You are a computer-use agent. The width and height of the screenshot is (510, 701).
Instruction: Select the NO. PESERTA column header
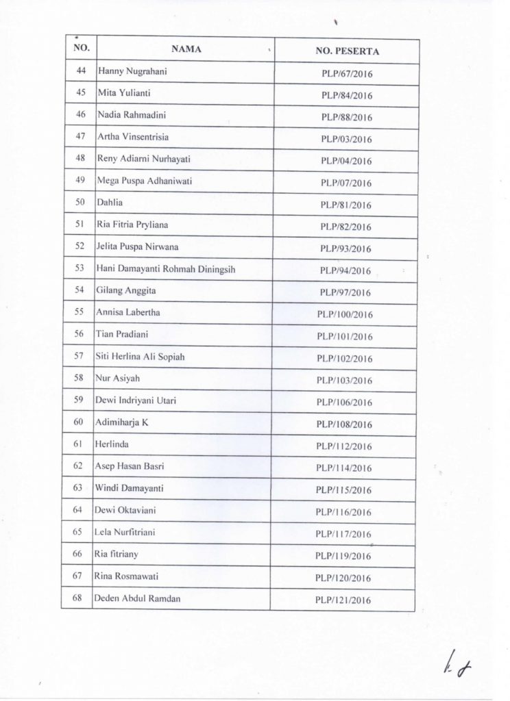tap(347, 51)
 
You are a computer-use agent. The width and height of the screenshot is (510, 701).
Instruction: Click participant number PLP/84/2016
tap(347, 95)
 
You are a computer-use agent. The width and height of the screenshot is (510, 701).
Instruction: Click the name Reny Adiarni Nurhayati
tap(144, 159)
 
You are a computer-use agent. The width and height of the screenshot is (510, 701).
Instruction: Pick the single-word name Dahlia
tap(110, 203)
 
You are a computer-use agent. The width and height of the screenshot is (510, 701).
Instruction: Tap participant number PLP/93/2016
tap(346, 248)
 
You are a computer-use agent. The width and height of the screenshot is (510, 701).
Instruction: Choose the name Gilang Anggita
tap(127, 291)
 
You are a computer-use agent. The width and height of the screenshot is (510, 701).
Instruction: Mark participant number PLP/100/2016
tap(344, 314)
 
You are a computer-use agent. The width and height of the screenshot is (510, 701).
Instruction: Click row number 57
tap(78, 357)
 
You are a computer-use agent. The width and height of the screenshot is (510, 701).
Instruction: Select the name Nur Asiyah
tap(119, 379)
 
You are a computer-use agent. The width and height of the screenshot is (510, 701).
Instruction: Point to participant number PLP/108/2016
tap(344, 424)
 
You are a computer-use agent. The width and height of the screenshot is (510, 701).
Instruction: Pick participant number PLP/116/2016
tap(344, 512)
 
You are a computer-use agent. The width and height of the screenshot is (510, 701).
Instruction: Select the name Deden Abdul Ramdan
tap(138, 598)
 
